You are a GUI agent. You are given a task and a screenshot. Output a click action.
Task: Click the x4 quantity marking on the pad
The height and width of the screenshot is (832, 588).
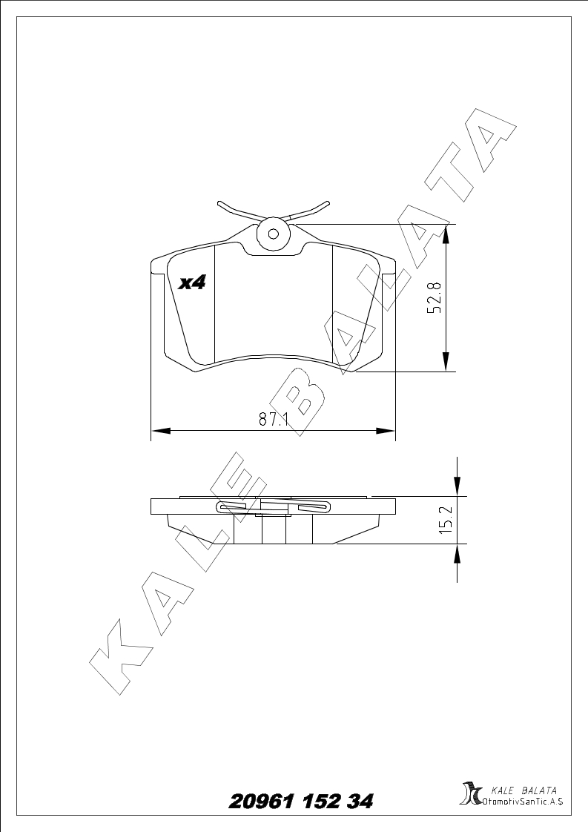coord(191,283)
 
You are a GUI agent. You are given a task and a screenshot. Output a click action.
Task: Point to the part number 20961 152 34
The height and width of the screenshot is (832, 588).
coord(300,801)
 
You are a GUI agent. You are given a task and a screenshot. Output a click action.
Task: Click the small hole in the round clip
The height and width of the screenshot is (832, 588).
coord(274,234)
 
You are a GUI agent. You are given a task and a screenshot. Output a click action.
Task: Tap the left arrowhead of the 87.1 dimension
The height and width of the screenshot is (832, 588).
coord(160,430)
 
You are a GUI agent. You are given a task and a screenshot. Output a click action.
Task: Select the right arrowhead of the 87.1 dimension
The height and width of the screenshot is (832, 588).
coord(386,430)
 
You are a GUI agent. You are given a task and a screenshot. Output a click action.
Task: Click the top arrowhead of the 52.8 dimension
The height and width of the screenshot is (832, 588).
coord(446,234)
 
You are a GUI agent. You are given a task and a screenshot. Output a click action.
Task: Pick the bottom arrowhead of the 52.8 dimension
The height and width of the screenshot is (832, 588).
coord(446,362)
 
